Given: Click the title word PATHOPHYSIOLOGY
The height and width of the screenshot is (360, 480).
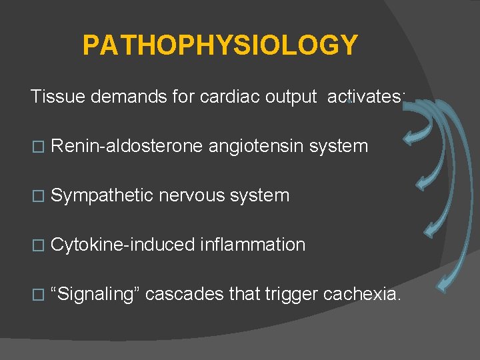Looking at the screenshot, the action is point(220,45).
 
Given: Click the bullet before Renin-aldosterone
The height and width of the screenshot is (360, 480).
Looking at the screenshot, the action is point(37,147).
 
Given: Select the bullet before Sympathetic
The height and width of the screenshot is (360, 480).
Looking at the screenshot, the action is point(37,196).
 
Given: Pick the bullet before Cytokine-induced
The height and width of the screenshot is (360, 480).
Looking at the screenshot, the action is point(37,245).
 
